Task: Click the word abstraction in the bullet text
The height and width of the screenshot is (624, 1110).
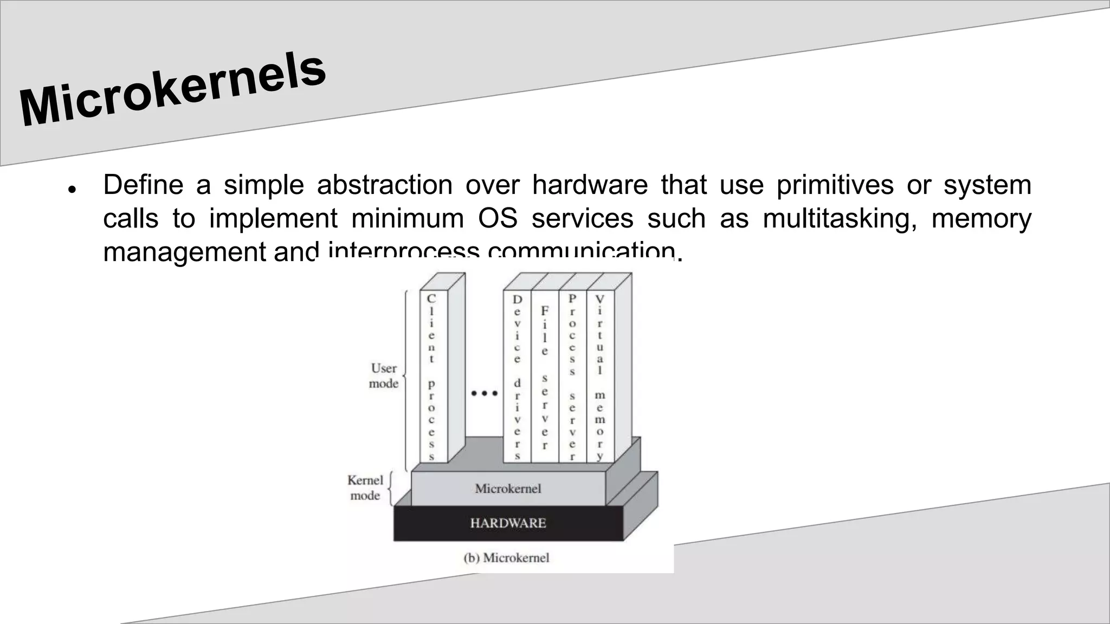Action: (x=384, y=185)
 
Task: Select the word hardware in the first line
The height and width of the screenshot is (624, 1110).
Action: (x=590, y=185)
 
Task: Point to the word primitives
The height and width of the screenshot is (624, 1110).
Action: (x=835, y=185)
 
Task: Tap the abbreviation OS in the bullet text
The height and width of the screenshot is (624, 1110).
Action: (x=497, y=218)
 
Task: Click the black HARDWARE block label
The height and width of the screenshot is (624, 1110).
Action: (x=508, y=523)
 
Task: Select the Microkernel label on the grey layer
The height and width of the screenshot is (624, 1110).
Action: (x=508, y=489)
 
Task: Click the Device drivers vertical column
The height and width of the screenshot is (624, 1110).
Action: (x=517, y=377)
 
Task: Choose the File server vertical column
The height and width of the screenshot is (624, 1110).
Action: (x=545, y=377)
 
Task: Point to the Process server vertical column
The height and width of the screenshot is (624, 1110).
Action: (x=572, y=377)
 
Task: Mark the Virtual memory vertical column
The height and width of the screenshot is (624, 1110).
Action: (x=600, y=377)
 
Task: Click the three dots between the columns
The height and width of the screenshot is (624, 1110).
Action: (x=484, y=393)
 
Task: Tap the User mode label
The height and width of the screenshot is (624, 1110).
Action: (x=384, y=376)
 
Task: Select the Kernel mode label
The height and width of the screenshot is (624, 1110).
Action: (x=365, y=487)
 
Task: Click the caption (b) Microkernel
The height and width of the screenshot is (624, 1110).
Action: (x=506, y=558)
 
